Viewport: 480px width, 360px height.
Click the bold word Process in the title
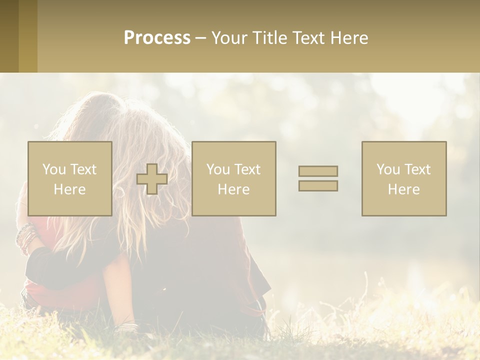(x=157, y=38)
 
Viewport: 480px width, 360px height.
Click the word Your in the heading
(x=228, y=38)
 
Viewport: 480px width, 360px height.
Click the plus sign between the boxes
(x=152, y=179)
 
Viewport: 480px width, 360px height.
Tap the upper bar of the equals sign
(x=318, y=171)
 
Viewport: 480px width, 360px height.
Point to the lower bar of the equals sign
(x=318, y=185)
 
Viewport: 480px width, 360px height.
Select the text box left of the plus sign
(x=69, y=178)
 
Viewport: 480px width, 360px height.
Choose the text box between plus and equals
(x=233, y=178)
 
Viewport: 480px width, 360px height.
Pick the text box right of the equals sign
(x=404, y=178)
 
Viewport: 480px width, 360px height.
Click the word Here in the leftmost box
(x=69, y=189)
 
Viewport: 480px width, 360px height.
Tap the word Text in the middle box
(x=247, y=169)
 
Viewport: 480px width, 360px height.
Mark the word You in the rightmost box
(x=388, y=169)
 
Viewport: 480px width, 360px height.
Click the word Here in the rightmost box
(x=404, y=189)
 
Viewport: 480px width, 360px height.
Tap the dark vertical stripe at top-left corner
(x=9, y=36)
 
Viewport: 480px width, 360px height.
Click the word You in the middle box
(x=218, y=169)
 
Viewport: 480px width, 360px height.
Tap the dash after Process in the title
(x=200, y=38)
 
